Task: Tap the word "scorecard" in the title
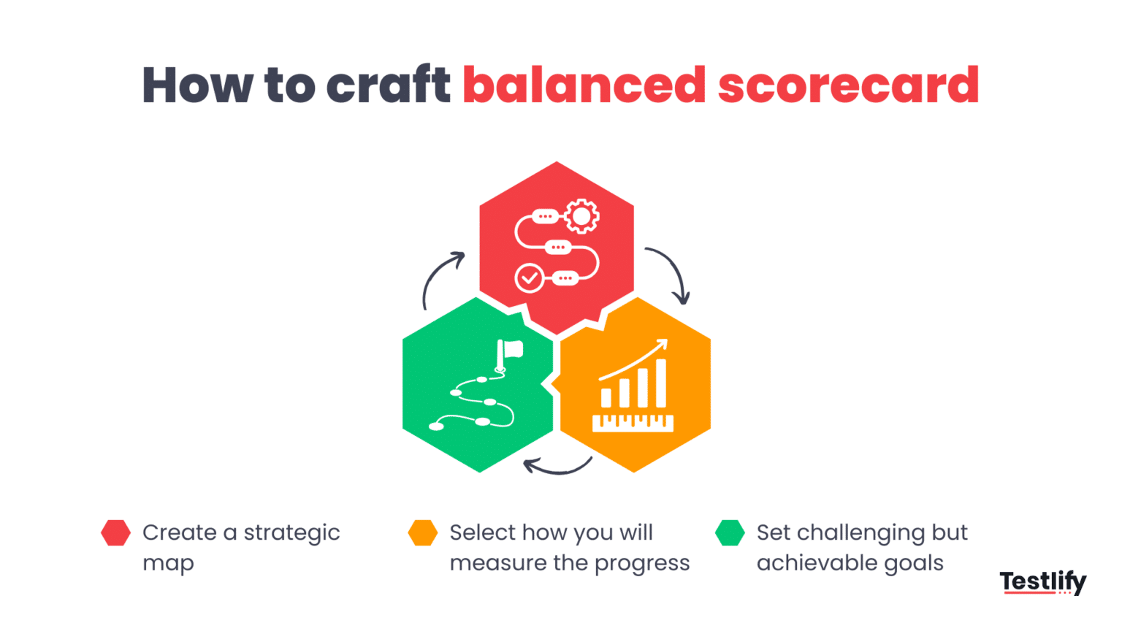coord(848,85)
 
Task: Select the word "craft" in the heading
coord(388,85)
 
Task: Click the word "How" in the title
coord(197,85)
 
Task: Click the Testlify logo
coord(1042,582)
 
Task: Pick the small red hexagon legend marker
coord(115,533)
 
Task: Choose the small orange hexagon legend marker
coord(423,533)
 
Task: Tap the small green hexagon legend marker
coord(730,533)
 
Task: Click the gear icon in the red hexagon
coord(581,216)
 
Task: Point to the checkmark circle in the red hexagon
coord(529,278)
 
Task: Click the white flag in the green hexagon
coord(511,351)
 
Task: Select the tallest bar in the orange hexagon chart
coord(661,383)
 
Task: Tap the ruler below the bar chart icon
coord(633,423)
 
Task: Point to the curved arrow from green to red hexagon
coord(440,278)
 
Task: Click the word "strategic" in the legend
coord(291,533)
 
